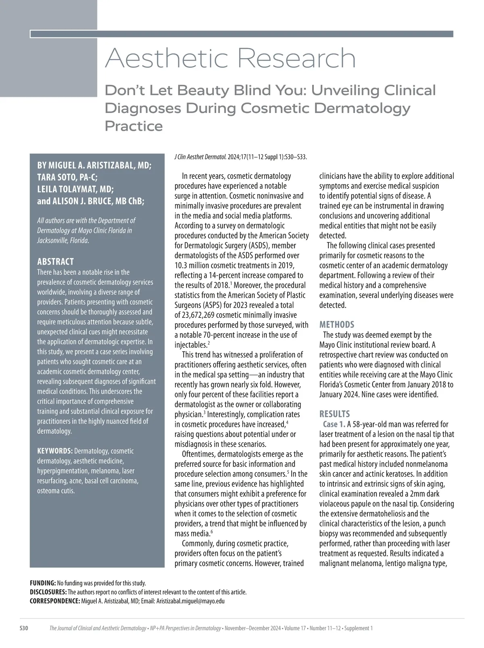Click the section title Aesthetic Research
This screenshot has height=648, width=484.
tap(230, 59)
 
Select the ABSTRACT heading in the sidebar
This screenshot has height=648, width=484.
tap(55, 261)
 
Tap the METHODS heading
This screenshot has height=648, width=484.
tap(337, 324)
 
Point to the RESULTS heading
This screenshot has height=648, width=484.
tap(334, 414)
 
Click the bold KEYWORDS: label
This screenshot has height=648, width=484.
tap(55, 451)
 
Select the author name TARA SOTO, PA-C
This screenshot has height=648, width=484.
tap(67, 178)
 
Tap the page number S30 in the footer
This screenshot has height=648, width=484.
tap(24, 628)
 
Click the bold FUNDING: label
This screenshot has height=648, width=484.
tap(43, 583)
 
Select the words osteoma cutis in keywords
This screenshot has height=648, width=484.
tap(56, 491)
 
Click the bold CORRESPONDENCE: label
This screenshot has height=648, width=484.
tap(55, 601)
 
